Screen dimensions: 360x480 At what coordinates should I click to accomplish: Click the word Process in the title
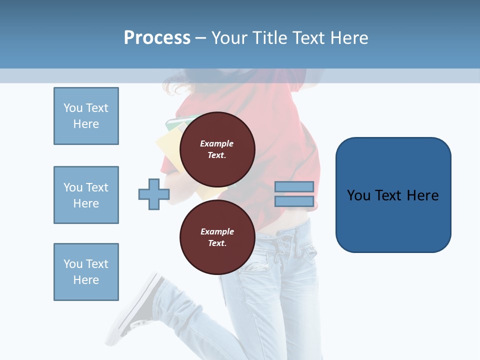157,38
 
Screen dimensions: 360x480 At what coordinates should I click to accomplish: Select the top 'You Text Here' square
86,116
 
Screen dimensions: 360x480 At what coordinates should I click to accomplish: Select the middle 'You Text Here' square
86,195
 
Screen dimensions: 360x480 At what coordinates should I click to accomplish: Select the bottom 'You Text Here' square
86,272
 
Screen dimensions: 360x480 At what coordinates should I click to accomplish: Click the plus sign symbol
154,194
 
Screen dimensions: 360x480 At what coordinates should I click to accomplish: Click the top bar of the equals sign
294,187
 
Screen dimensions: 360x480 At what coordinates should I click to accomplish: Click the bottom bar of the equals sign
294,201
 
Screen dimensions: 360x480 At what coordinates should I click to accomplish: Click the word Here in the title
348,38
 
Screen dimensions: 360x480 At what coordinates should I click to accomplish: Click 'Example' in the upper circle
217,143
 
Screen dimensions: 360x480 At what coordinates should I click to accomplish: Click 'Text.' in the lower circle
217,243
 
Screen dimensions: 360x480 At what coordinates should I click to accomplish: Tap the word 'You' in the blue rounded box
358,195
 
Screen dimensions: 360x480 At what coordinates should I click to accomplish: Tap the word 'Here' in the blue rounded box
423,195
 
